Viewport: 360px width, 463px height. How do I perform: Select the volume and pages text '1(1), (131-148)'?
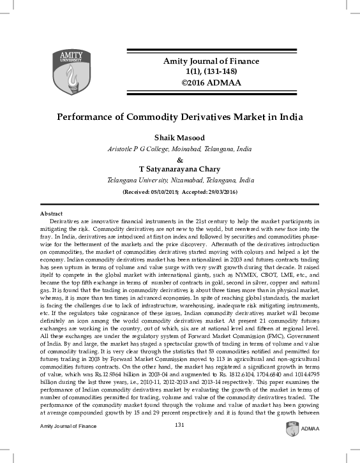(207, 71)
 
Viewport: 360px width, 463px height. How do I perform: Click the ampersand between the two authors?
(180, 159)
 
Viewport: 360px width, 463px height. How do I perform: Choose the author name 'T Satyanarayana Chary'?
(180, 170)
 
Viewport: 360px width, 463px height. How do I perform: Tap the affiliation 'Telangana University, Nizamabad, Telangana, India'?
(180, 180)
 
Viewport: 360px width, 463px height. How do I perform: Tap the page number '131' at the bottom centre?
(179, 443)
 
